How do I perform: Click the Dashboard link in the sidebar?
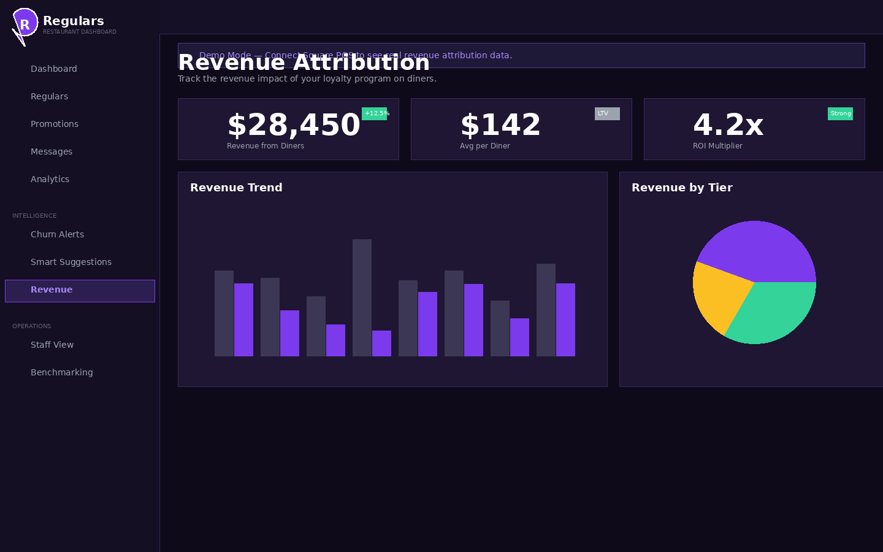pos(54,69)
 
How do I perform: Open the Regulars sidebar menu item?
pos(49,96)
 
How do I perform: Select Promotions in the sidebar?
pos(55,124)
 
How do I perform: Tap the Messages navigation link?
pos(52,151)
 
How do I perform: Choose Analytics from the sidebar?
pos(50,179)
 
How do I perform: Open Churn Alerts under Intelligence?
pos(57,234)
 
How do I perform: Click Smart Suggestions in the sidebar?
pos(71,262)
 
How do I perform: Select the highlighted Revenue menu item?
pos(52,290)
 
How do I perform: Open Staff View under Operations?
pos(52,345)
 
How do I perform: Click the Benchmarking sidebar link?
pos(62,372)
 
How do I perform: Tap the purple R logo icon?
pos(25,23)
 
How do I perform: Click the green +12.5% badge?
pos(374,113)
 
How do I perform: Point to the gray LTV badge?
pos(607,113)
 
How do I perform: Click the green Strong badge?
pos(840,113)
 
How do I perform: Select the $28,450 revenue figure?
pos(294,125)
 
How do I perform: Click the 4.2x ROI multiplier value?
pos(728,125)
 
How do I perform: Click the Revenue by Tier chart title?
pos(682,188)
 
